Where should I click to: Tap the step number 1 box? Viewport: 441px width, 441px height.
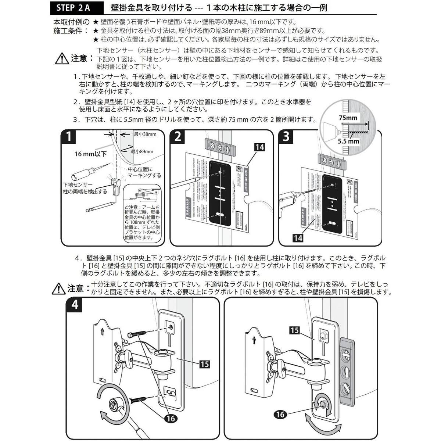point(69,137)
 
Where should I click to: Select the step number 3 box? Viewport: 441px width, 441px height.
point(287,137)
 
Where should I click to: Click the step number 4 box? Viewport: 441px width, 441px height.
point(75,305)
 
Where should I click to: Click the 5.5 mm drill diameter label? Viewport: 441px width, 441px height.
point(349,141)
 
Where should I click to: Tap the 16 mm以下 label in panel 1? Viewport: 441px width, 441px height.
point(90,154)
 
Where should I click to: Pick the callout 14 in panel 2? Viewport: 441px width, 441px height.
point(259,147)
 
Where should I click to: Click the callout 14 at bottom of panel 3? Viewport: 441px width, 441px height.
point(298,238)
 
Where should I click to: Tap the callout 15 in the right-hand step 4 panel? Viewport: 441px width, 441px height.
point(295,330)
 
